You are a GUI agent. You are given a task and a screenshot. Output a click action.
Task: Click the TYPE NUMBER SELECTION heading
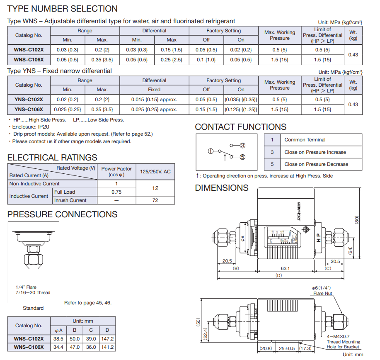63,9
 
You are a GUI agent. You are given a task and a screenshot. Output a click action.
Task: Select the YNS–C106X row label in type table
29,109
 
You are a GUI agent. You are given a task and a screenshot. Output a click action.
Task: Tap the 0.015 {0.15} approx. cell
154,100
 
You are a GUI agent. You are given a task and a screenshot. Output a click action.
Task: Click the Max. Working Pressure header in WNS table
280,35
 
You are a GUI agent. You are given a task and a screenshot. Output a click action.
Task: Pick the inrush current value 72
155,200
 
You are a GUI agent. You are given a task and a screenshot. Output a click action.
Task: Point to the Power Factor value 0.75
116,192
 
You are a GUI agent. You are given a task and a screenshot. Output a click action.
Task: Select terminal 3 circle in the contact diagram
243,145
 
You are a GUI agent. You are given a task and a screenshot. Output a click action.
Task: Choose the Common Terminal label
305,140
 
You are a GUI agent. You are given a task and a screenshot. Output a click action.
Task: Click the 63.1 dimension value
286,268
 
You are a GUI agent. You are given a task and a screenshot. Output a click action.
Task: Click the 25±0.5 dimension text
287,348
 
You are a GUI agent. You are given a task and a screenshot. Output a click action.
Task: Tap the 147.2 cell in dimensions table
107,339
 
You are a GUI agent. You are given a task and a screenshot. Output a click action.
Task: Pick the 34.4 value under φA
59,347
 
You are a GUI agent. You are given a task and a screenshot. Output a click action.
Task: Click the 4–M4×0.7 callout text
338,336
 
